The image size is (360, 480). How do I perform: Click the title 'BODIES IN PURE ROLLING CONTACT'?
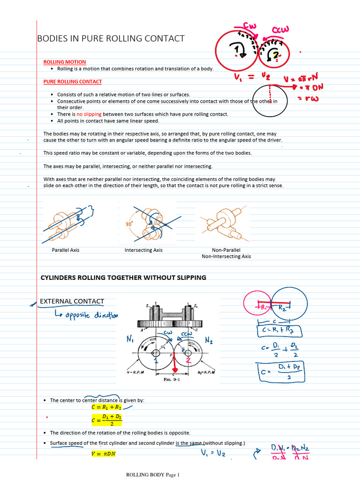(x=111, y=38)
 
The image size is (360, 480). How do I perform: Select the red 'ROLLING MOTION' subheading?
(x=65, y=62)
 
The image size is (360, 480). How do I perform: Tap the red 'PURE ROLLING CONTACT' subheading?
(x=73, y=82)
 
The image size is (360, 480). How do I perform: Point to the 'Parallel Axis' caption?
(x=66, y=250)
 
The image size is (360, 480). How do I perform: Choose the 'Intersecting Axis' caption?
(x=143, y=250)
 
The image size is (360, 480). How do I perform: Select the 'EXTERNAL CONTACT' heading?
(x=72, y=301)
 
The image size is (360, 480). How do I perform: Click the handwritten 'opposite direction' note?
(x=86, y=315)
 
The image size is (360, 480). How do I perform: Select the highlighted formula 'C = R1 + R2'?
(x=106, y=407)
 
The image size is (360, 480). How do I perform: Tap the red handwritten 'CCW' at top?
(x=283, y=30)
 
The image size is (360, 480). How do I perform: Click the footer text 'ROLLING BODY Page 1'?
(x=153, y=475)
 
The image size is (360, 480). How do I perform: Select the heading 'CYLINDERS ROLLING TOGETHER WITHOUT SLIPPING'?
(x=124, y=277)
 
